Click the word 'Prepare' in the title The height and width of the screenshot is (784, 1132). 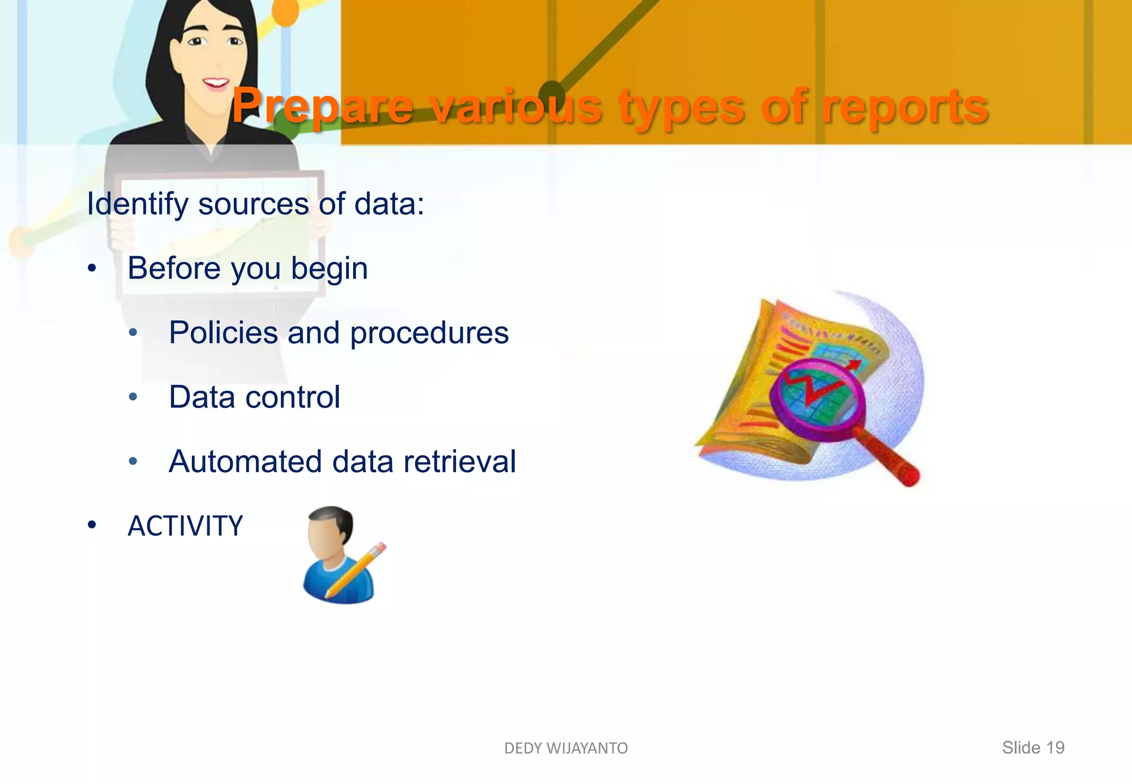pos(322,107)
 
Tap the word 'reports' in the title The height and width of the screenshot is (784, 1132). pos(905,107)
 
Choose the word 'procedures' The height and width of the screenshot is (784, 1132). pos(429,333)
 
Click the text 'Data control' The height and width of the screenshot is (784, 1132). pos(254,397)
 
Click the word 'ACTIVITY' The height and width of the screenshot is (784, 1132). pos(185,526)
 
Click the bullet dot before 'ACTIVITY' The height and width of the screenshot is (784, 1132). pos(92,525)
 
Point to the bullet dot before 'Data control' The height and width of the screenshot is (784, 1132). pos(133,397)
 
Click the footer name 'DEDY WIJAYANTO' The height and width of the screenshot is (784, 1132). pos(566,748)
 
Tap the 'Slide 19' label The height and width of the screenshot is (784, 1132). pos(1033,748)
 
